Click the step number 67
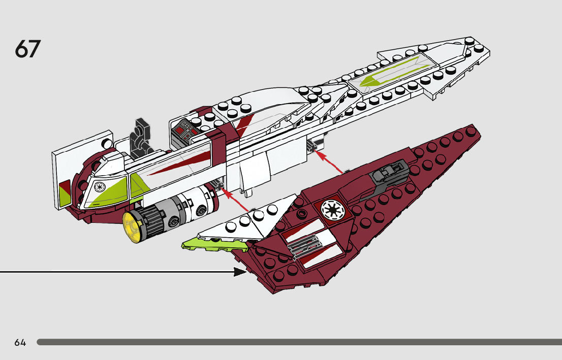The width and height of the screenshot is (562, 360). pyautogui.click(x=27, y=49)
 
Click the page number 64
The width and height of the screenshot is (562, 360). pyautogui.click(x=20, y=342)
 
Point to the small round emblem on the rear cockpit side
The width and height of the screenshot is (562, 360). pyautogui.click(x=100, y=187)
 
